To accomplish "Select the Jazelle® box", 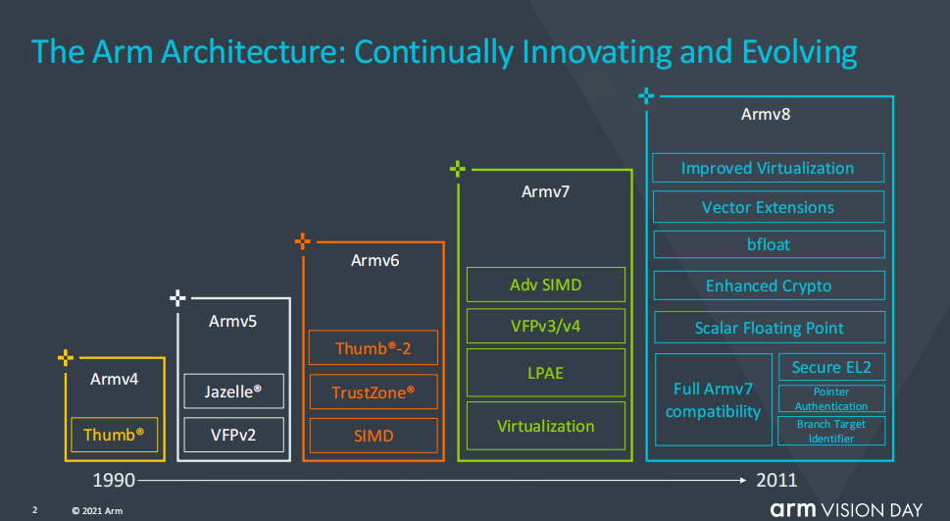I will (x=233, y=391).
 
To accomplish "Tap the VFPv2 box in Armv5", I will (x=233, y=435).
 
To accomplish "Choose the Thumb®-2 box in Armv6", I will (x=373, y=348).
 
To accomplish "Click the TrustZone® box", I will (x=373, y=391).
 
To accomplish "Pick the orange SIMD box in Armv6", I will (x=373, y=435).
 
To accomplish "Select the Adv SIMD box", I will (x=545, y=285).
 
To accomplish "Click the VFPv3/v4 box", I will (x=545, y=325).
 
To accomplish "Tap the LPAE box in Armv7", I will (x=545, y=374).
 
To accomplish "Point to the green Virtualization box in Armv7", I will (x=545, y=426).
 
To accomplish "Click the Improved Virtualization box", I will (x=768, y=168).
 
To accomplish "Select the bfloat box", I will (x=768, y=244).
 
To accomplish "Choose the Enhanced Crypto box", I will (x=768, y=286).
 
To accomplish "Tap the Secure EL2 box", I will (x=831, y=367).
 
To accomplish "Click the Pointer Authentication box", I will (x=831, y=398).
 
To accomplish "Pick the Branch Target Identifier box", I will (x=831, y=431).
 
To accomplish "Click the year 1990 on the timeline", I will (x=114, y=481).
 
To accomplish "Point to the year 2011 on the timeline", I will (x=776, y=481).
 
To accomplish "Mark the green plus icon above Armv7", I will (x=458, y=169).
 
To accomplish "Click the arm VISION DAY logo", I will (x=845, y=508).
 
